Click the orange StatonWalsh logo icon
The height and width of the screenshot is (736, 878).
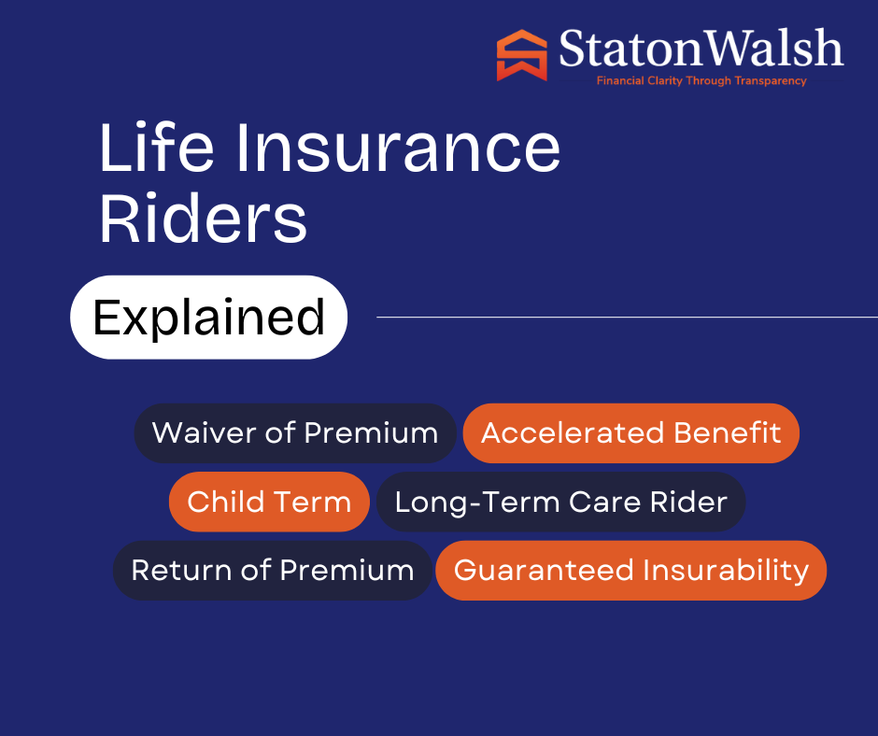(x=521, y=55)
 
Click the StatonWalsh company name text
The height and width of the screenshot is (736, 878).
(x=701, y=49)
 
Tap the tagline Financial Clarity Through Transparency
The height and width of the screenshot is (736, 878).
(x=701, y=80)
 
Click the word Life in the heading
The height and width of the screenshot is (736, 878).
(x=156, y=148)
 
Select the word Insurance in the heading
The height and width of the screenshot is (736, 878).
(x=398, y=148)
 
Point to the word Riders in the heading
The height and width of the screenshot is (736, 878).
(x=204, y=218)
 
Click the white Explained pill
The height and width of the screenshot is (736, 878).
(x=209, y=317)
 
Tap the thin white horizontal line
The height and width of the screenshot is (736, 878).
(x=627, y=317)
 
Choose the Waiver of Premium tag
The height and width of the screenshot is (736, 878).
(x=295, y=433)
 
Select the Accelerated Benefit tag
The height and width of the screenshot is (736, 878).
(x=631, y=433)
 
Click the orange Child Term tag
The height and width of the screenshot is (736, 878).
(x=269, y=502)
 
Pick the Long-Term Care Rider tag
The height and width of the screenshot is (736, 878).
(x=561, y=502)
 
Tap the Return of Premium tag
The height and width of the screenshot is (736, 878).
(x=273, y=570)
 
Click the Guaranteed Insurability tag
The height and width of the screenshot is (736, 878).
(x=631, y=570)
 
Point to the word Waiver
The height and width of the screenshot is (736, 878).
(x=205, y=433)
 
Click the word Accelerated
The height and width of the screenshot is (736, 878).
(x=573, y=433)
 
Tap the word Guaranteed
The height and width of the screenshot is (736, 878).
(x=544, y=570)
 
